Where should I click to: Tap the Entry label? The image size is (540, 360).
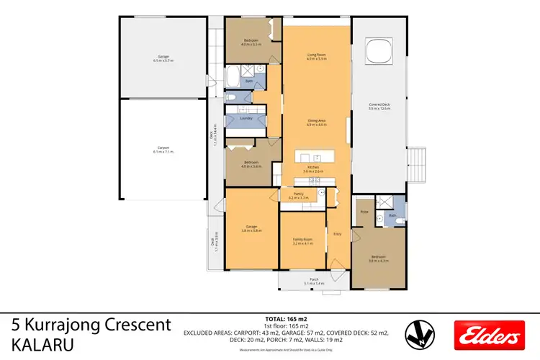pyautogui.click(x=337, y=233)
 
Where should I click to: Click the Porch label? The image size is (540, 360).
pyautogui.click(x=314, y=279)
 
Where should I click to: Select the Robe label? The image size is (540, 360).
pyautogui.click(x=364, y=212)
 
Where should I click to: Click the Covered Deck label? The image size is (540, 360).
pyautogui.click(x=379, y=107)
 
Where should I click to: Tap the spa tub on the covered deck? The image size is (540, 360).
pyautogui.click(x=379, y=50)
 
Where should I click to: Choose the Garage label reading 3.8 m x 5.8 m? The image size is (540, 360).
pyautogui.click(x=251, y=229)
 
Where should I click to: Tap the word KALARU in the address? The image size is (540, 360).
pyautogui.click(x=42, y=345)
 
